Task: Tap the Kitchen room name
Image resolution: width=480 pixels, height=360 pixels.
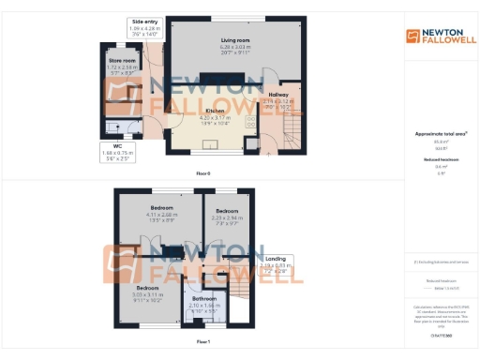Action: tap(217, 110)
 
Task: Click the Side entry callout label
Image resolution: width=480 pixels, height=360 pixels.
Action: tap(144, 21)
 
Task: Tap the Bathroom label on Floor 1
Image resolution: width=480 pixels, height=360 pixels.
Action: tap(203, 299)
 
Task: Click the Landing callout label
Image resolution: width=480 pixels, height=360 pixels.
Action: tap(276, 258)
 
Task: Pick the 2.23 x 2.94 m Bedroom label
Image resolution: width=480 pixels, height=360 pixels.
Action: tap(228, 211)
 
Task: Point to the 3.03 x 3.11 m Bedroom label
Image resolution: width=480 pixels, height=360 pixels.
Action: tap(148, 287)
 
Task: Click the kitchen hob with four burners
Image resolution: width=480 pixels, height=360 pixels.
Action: tap(251, 121)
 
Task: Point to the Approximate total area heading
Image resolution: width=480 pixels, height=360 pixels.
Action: tap(439, 134)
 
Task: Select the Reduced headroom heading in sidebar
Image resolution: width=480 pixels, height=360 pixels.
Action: tap(439, 160)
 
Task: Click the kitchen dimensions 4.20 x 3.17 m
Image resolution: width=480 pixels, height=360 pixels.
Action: tap(217, 116)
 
